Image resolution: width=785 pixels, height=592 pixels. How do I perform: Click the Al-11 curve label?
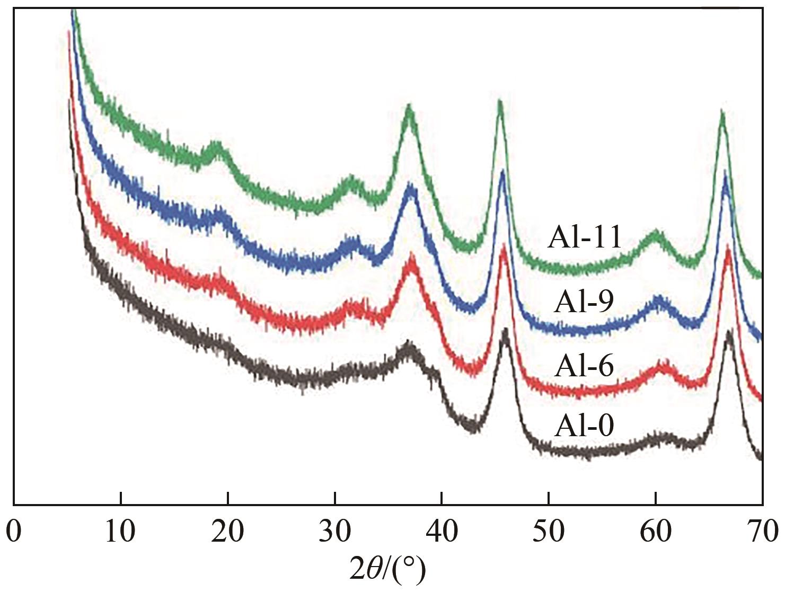tap(584, 237)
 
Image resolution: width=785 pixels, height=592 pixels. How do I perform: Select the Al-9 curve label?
tap(584, 303)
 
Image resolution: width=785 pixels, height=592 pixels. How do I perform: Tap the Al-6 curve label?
tap(584, 366)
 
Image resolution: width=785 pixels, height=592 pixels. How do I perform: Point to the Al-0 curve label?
tap(584, 425)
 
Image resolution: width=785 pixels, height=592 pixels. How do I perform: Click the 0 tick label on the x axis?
tap(14, 532)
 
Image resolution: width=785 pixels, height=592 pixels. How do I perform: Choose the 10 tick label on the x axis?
tap(121, 532)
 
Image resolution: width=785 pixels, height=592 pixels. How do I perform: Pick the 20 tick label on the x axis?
tap(228, 532)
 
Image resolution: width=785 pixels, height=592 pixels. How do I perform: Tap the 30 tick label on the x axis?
tap(335, 532)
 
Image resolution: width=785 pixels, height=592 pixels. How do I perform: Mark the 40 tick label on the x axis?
tap(442, 532)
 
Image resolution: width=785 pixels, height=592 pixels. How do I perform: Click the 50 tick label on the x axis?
tap(549, 532)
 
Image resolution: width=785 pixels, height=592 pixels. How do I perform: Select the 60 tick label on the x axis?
tap(656, 532)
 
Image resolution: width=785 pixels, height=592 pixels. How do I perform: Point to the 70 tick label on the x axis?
tap(762, 532)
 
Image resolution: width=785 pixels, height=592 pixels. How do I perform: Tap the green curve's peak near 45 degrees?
tap(500, 101)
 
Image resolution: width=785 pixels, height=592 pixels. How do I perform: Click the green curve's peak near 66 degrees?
tap(721, 111)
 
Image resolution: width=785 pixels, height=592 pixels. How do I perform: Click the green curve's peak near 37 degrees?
tap(409, 106)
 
